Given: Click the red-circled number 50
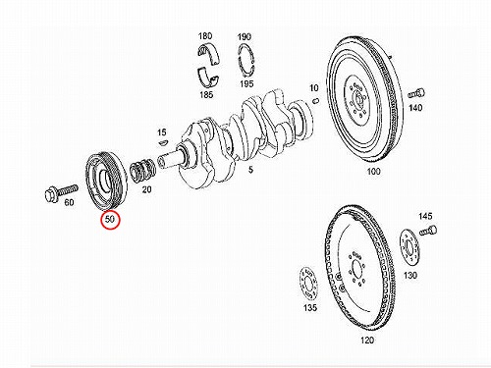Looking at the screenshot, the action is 110,219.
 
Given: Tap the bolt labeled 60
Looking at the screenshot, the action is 61,191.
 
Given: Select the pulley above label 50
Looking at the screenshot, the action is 106,182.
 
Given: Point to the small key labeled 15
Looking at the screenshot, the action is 163,142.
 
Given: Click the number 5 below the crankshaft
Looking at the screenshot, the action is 250,170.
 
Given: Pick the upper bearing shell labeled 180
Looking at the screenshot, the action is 209,54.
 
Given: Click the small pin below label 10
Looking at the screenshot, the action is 315,101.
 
